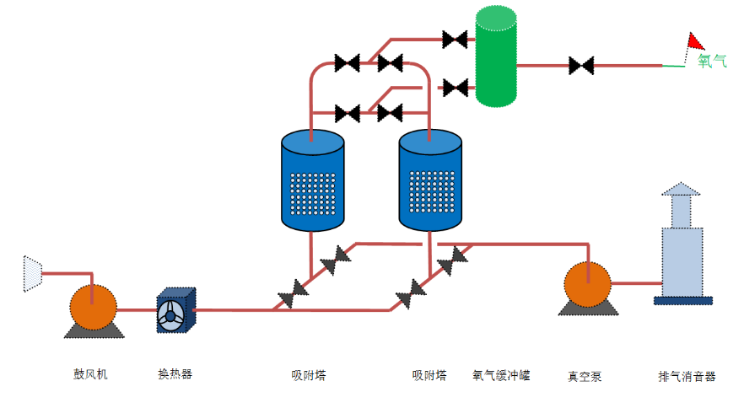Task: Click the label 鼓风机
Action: coord(90,373)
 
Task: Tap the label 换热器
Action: coord(175,373)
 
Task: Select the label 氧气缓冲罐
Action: coord(501,376)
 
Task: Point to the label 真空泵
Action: coord(585,377)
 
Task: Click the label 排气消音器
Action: coord(687,377)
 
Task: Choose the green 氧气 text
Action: coord(712,61)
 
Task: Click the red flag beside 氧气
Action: coord(696,40)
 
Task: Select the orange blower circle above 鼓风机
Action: coord(93,307)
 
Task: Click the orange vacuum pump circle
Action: coord(586,284)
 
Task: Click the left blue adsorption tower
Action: coord(312,180)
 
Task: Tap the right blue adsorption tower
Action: coord(431,180)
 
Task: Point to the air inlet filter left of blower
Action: coord(32,274)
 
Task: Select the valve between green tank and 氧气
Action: coord(580,64)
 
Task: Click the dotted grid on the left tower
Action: coord(312,193)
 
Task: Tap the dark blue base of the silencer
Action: coord(682,299)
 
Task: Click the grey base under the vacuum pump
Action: coord(585,309)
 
